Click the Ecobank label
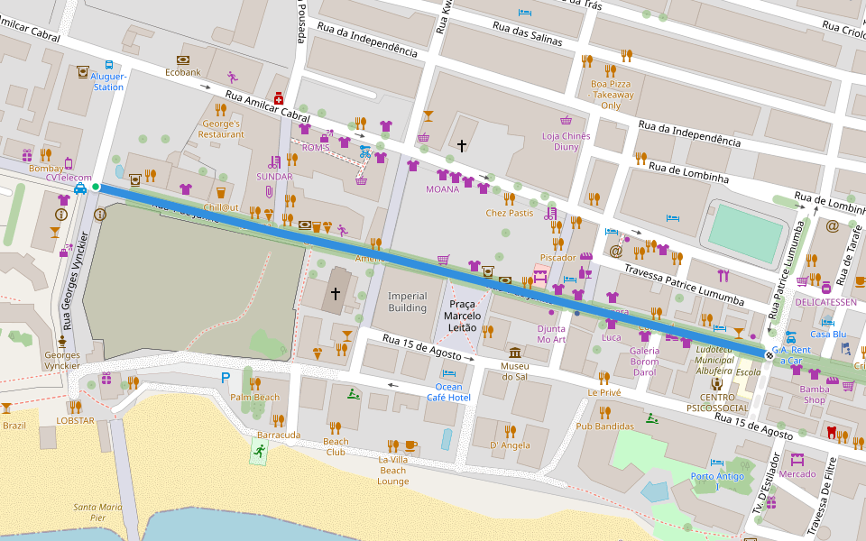(182, 72)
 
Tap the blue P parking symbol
(225, 378)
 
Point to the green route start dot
(96, 187)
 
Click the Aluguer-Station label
(108, 82)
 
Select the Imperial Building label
(407, 302)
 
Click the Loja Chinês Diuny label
(566, 142)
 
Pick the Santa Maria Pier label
(97, 512)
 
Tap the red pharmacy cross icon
(280, 97)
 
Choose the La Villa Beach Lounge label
(392, 470)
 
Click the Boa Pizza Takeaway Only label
(612, 95)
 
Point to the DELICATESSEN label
(825, 301)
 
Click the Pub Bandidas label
(602, 426)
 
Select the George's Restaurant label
(222, 129)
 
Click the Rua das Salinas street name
(527, 34)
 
